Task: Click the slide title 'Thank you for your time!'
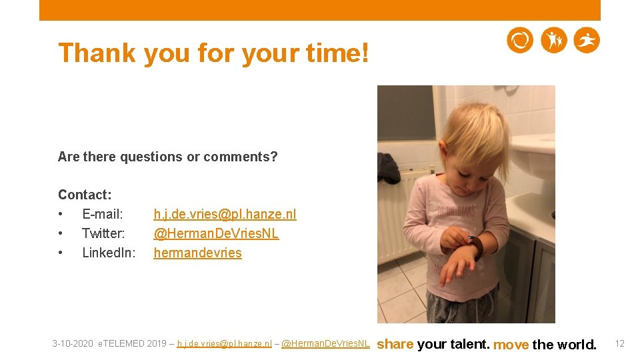point(213,53)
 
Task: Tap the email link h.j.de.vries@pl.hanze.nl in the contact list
point(225,214)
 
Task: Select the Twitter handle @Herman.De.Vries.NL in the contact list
point(216,233)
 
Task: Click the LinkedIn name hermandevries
point(197,253)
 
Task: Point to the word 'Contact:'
point(85,195)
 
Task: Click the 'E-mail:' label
point(103,214)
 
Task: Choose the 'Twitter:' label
point(103,233)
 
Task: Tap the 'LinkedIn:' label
point(109,253)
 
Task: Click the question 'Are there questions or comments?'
point(167,157)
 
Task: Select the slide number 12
point(619,343)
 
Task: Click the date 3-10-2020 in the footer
point(73,344)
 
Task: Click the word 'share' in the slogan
point(395,344)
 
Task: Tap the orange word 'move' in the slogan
point(511,344)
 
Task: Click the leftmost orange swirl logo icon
point(520,41)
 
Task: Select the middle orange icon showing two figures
point(553,41)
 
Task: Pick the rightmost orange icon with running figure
point(587,41)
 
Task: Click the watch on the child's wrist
point(476,247)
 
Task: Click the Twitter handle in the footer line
point(325,344)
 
